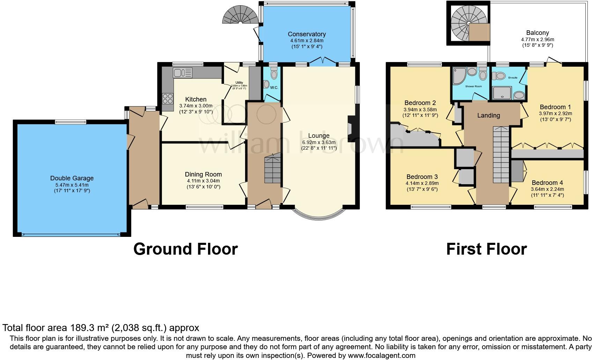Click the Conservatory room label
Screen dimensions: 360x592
[x=306, y=34]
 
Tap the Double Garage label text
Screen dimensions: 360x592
[x=72, y=178]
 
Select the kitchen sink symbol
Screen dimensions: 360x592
[x=182, y=73]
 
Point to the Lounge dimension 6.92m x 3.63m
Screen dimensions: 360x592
[x=319, y=142]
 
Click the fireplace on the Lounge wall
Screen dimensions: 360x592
[x=350, y=125]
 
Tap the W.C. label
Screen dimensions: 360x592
[x=274, y=88]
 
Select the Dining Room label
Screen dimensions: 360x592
[x=203, y=174]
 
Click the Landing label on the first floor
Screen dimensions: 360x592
[x=488, y=115]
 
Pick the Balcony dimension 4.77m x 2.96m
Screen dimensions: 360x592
[x=538, y=39]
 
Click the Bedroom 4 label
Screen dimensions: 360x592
[x=547, y=183]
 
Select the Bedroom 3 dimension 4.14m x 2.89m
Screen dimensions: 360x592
[x=422, y=183]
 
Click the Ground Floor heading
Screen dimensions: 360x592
[x=185, y=249]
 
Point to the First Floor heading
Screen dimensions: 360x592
[x=486, y=249]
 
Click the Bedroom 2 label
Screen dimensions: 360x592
[x=420, y=103]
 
